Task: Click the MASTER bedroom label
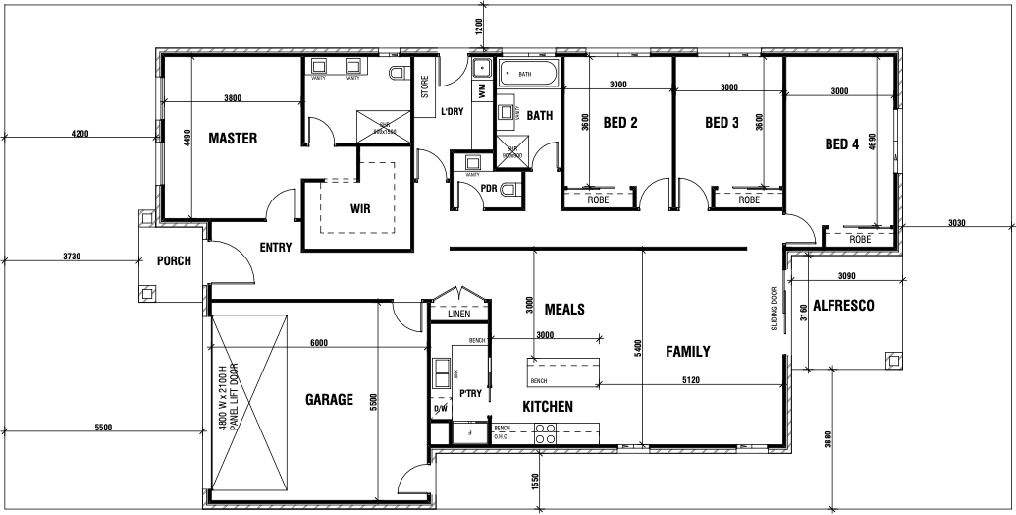pos(233,139)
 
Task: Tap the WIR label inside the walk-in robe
pos(359,208)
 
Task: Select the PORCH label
pos(174,261)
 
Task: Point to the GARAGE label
pos(329,400)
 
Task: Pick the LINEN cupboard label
pos(459,315)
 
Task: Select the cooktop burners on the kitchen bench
pos(546,433)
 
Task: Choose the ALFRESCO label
pos(843,306)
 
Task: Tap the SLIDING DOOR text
pos(775,309)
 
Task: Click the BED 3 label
pos(722,123)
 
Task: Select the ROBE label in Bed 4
pos(860,239)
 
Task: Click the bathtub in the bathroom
pos(528,75)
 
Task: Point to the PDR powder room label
pos(488,189)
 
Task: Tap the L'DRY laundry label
pos(452,112)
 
